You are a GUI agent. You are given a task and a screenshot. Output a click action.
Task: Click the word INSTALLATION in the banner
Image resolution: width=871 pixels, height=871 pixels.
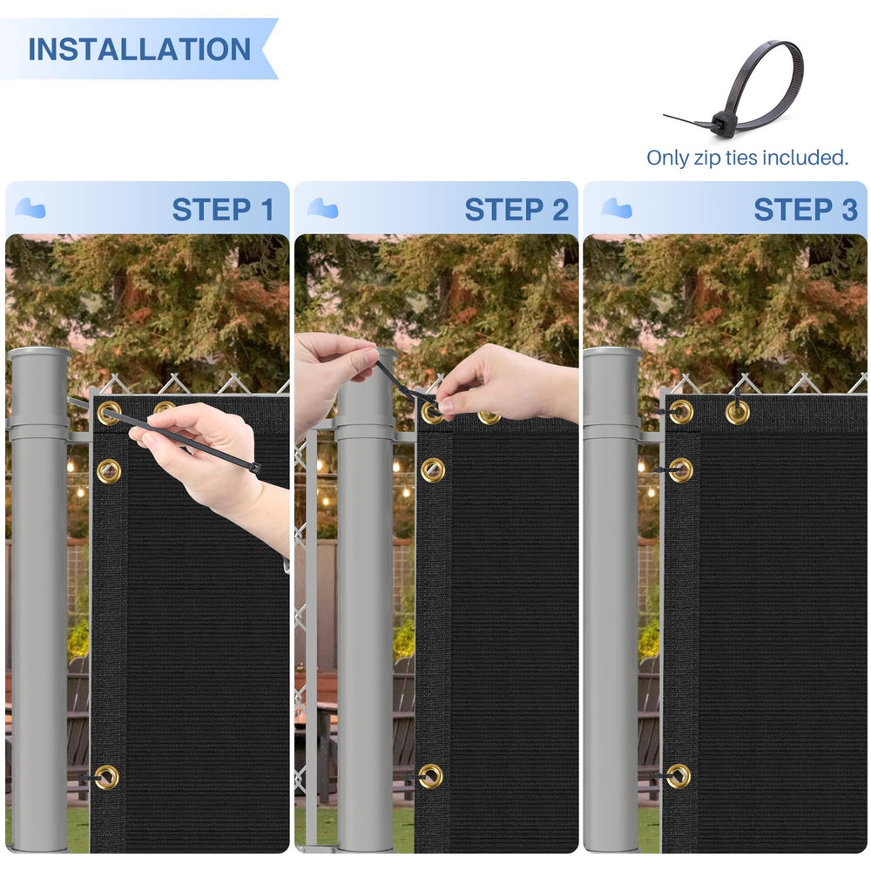click(139, 50)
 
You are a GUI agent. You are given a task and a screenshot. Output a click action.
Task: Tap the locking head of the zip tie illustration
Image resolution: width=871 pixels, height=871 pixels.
click(722, 121)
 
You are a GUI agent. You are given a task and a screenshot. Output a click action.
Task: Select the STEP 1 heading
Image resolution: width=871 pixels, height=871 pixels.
click(223, 210)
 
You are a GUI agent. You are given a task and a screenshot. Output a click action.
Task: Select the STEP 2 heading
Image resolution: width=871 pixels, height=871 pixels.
click(517, 210)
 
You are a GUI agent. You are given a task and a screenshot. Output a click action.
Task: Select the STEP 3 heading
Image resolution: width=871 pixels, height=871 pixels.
click(806, 210)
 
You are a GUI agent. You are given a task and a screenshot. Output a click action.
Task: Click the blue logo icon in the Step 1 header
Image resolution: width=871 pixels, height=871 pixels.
click(30, 208)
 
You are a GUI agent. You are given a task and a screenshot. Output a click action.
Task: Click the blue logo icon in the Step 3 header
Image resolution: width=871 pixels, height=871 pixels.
click(617, 208)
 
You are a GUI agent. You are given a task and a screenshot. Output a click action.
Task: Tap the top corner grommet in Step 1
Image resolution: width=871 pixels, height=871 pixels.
click(109, 413)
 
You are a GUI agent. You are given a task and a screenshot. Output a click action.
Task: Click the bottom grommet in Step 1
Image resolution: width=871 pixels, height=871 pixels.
click(106, 777)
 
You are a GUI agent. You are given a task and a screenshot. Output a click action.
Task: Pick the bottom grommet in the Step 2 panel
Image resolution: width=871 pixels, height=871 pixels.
click(430, 776)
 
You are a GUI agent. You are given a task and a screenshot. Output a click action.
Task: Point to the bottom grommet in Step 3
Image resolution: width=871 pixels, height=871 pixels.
click(679, 776)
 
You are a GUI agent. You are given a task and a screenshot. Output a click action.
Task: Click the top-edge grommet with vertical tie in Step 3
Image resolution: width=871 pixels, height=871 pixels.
click(737, 412)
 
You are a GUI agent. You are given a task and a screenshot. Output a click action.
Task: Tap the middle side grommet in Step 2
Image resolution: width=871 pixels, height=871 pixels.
click(433, 470)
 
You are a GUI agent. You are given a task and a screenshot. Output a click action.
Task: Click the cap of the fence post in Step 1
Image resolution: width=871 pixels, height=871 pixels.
click(39, 355)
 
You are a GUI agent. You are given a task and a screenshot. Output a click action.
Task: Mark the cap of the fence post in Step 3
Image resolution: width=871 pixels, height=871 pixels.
click(612, 355)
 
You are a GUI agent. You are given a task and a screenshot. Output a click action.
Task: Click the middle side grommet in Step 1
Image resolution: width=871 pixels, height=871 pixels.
click(109, 471)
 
